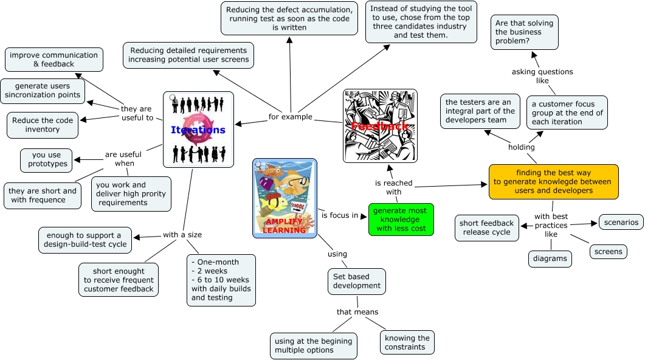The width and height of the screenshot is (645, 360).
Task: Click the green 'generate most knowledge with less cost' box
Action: point(401,220)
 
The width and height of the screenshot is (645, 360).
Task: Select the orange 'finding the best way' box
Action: point(553,181)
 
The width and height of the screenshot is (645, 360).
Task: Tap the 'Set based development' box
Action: point(357,281)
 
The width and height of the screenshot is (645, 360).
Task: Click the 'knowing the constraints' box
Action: point(407,342)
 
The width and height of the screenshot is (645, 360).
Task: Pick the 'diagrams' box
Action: point(550,258)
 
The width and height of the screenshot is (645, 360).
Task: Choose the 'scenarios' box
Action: point(621,222)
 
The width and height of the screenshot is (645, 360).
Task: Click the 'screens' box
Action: point(607,251)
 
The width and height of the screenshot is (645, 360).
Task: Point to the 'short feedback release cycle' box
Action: point(487,227)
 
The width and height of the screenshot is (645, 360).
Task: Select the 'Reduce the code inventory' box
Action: point(43,125)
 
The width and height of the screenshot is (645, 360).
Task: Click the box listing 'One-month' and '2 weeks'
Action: point(221,280)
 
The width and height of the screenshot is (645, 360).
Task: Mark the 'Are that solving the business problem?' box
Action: point(524,32)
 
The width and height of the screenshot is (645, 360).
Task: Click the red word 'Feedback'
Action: point(380,126)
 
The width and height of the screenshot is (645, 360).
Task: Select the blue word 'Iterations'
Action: point(198,130)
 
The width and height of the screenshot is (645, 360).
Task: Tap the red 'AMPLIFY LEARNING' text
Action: point(285,226)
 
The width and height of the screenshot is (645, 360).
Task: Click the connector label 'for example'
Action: point(291,117)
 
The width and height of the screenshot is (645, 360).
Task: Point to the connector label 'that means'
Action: point(357,312)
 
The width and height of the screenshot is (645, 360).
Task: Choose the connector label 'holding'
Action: point(521,147)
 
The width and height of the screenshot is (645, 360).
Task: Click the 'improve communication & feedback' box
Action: point(53,60)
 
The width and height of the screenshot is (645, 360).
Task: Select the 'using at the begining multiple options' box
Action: point(312,345)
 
